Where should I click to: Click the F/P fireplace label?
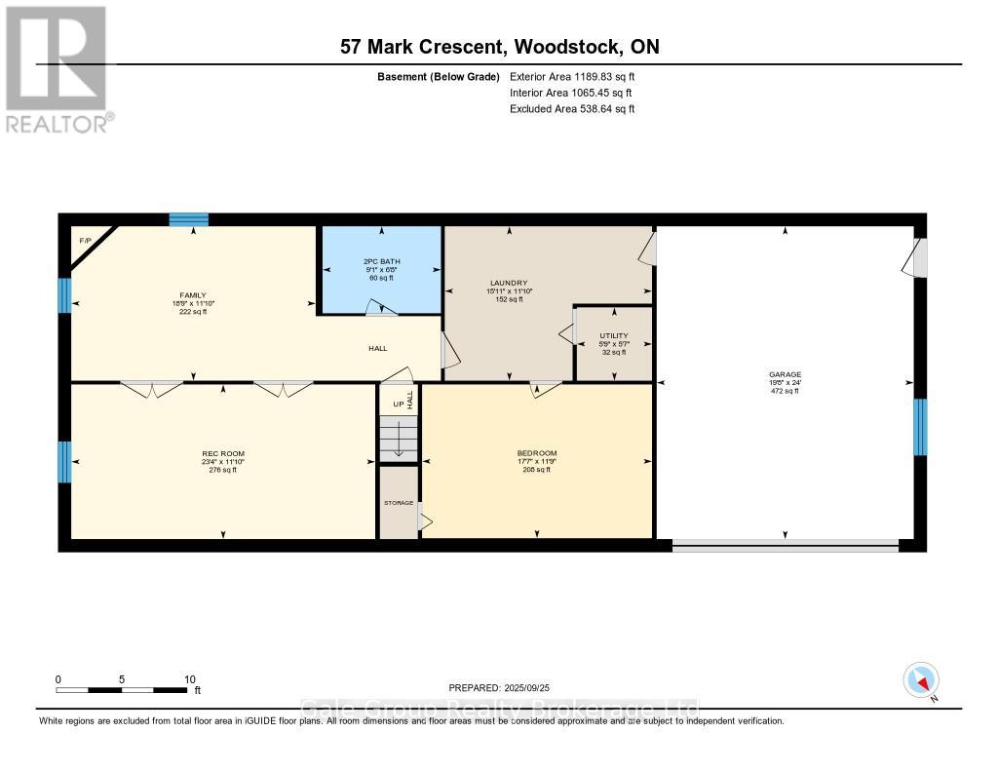pyautogui.click(x=85, y=240)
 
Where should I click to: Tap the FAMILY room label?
pyautogui.click(x=192, y=294)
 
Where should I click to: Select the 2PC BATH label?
pyautogui.click(x=381, y=262)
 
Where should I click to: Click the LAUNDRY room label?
pyautogui.click(x=508, y=282)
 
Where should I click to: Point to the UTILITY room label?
pyautogui.click(x=613, y=336)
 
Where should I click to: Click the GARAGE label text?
pyautogui.click(x=785, y=374)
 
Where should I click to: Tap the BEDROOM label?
pyautogui.click(x=536, y=453)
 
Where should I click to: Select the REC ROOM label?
pyautogui.click(x=223, y=453)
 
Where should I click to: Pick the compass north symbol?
pyautogui.click(x=921, y=679)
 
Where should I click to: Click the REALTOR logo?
pyautogui.click(x=57, y=69)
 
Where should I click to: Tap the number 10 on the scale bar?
pyautogui.click(x=189, y=679)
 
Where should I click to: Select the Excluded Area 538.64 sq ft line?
pyautogui.click(x=572, y=109)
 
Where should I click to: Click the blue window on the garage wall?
pyautogui.click(x=919, y=427)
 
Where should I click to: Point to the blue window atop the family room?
pyautogui.click(x=188, y=219)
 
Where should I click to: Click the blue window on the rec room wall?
pyautogui.click(x=64, y=461)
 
